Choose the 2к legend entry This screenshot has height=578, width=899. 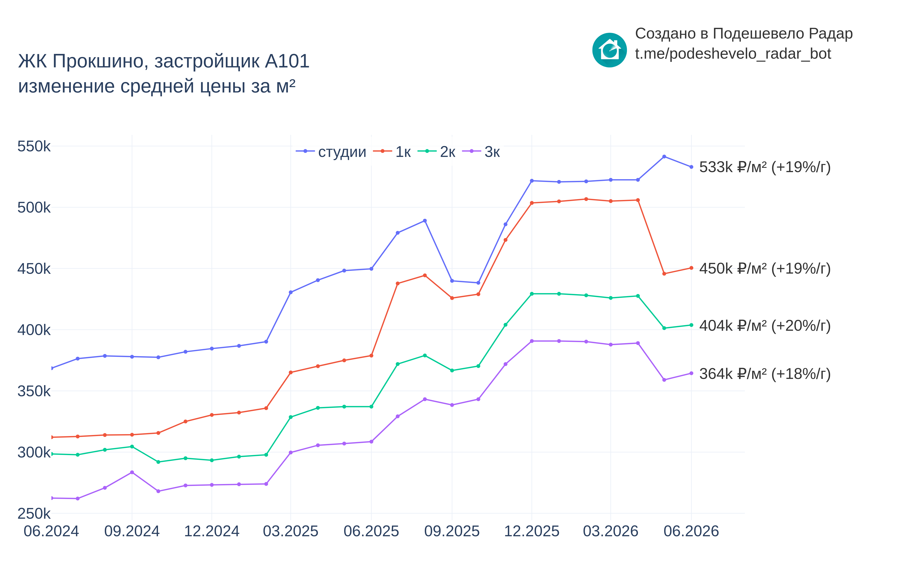(436, 152)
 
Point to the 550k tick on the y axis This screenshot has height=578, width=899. (34, 146)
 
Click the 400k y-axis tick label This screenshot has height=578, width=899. (34, 330)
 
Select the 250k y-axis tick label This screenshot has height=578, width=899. (34, 513)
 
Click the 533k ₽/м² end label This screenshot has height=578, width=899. (765, 167)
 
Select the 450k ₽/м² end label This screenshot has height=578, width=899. (765, 268)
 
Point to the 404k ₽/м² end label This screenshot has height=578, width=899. (765, 325)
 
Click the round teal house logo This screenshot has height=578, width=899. (609, 50)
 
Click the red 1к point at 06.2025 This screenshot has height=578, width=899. (371, 355)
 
